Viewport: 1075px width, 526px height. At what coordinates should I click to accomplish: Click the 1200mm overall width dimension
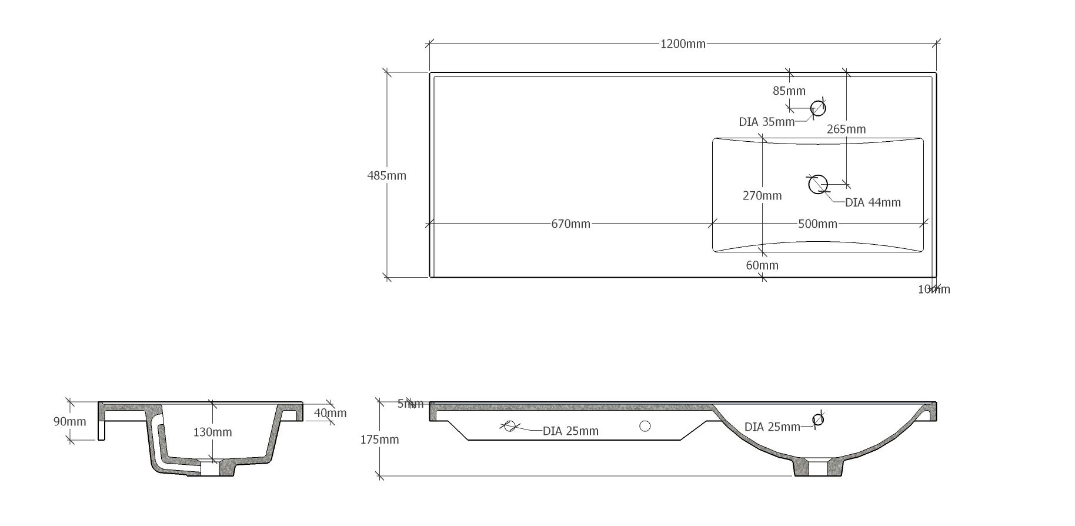point(683,44)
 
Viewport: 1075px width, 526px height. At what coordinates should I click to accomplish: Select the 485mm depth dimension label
point(386,175)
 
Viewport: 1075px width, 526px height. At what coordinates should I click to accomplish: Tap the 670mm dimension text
point(570,224)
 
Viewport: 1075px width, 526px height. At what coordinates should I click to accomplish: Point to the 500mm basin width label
point(817,224)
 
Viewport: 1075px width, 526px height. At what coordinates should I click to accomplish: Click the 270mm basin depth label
point(762,196)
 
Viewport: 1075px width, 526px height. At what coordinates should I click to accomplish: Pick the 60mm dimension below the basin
point(762,265)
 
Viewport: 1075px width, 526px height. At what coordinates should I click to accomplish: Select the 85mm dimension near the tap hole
point(789,91)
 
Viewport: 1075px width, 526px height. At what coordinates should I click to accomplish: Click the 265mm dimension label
point(846,129)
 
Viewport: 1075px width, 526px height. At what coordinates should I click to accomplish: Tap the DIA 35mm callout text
point(766,122)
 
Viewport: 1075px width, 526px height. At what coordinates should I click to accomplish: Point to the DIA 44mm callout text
point(873,203)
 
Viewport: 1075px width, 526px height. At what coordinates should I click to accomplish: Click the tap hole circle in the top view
point(818,108)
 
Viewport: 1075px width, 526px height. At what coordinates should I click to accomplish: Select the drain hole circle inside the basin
point(818,184)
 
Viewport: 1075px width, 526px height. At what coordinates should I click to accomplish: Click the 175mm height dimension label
point(379,440)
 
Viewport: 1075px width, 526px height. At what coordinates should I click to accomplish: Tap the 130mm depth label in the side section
point(212,432)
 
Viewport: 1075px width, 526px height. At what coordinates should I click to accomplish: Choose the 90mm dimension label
point(69,422)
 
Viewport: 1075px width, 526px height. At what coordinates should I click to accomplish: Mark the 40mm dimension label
point(330,413)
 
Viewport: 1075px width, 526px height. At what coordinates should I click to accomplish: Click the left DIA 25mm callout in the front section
point(570,431)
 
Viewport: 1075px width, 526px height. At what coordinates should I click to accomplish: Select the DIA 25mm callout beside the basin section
point(772,427)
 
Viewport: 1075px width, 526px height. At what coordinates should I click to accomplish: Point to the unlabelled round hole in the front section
point(645,426)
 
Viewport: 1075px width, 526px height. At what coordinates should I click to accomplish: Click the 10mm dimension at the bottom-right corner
point(934,289)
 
